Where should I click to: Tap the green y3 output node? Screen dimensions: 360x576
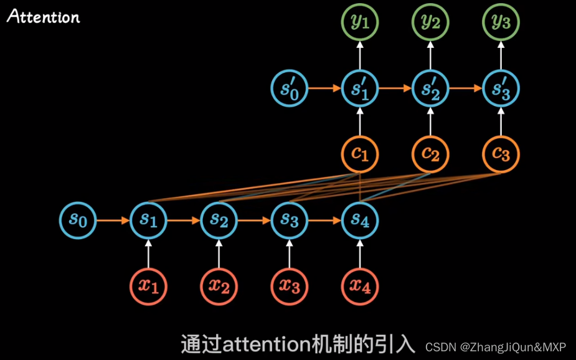point(501,22)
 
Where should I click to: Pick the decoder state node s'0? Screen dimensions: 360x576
point(289,88)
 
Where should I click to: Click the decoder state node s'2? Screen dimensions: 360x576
point(430,88)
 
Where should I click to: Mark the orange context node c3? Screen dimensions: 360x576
point(501,154)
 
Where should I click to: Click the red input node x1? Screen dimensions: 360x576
point(148,286)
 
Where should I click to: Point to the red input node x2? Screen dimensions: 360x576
point(219,286)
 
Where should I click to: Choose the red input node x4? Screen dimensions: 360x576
point(360,286)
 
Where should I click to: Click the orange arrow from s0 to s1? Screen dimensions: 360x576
point(113,220)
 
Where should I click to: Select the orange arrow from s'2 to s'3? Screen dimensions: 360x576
point(466,88)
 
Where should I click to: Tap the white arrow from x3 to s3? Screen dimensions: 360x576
point(289,253)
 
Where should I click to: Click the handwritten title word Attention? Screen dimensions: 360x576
point(43,16)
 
